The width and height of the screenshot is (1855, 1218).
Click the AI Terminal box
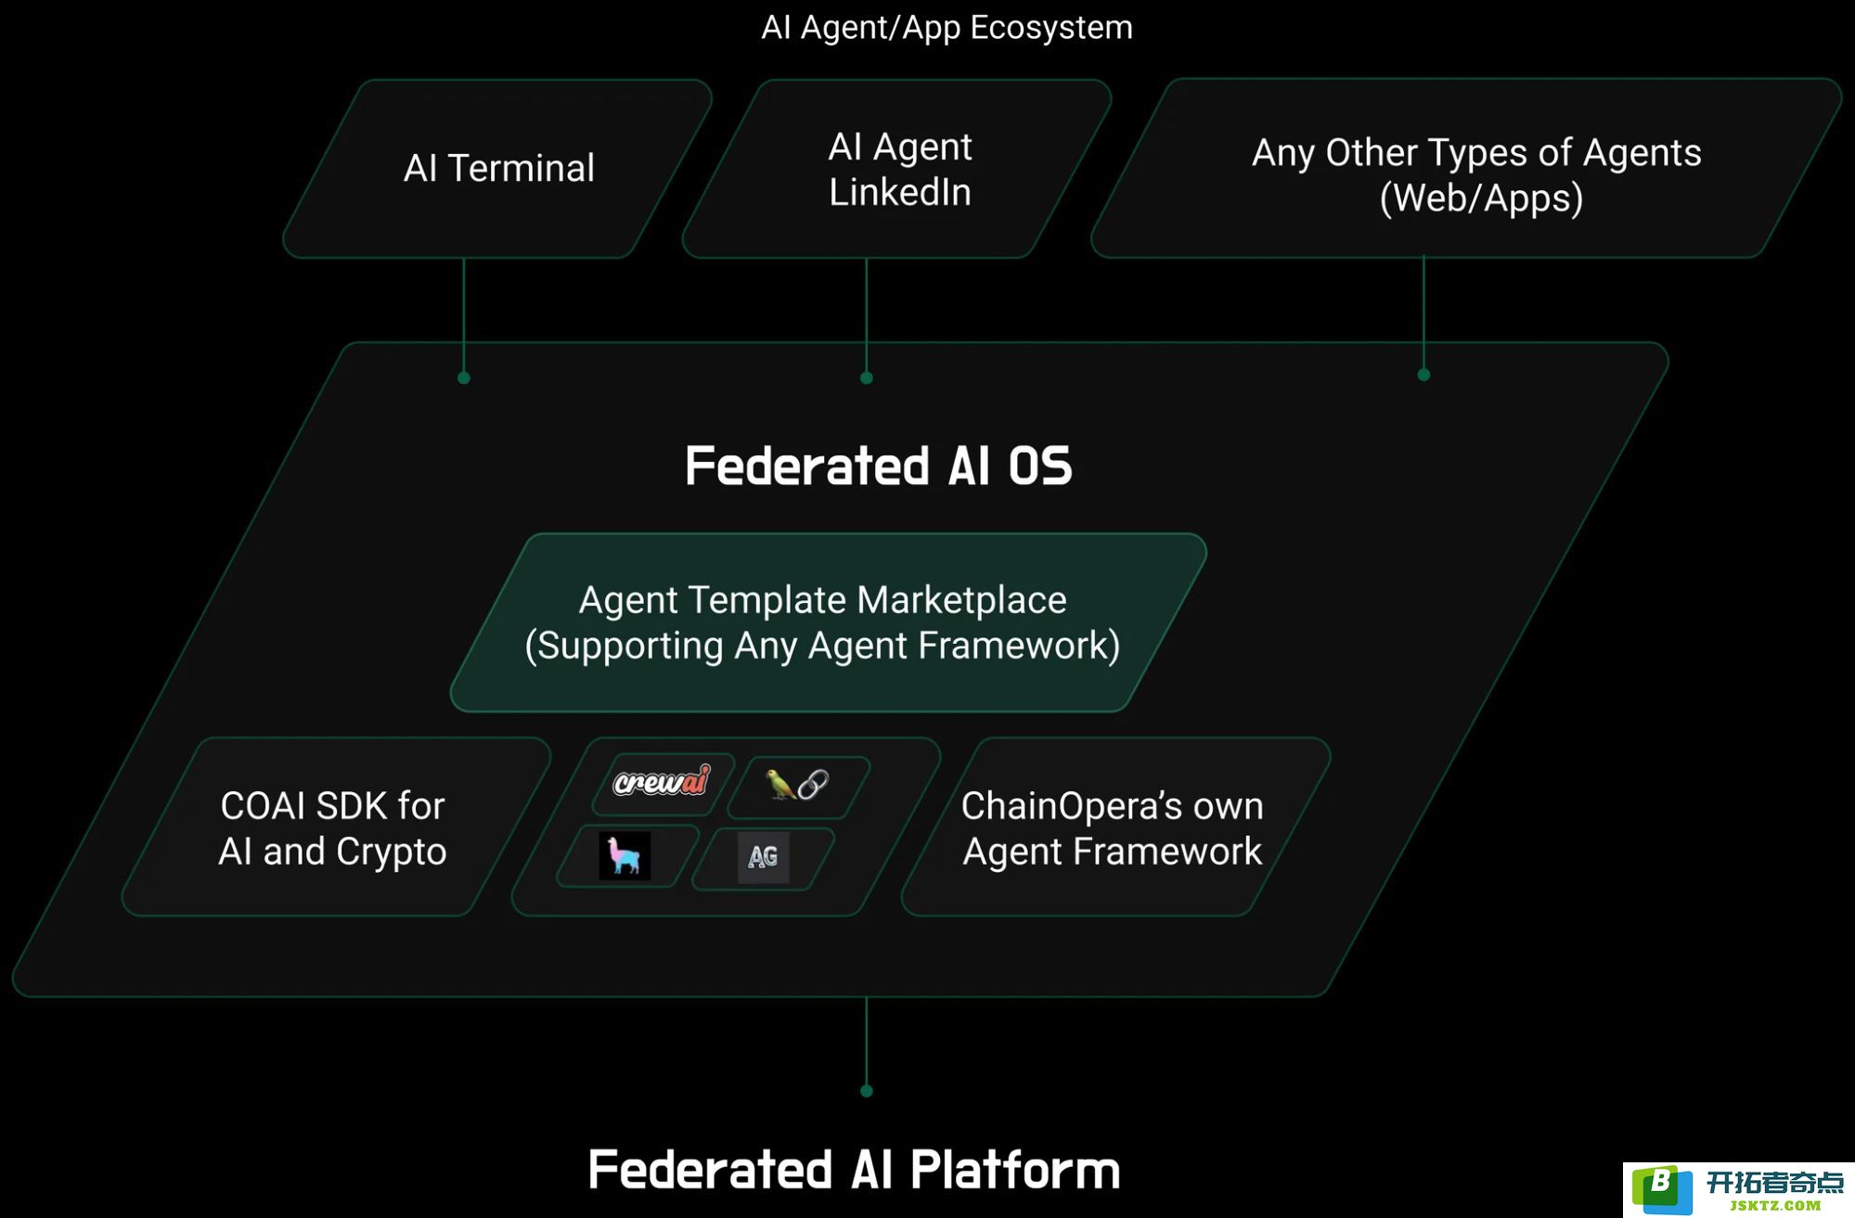click(498, 169)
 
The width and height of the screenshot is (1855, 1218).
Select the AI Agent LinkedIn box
click(897, 169)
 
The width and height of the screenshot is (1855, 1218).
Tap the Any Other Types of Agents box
click(1466, 168)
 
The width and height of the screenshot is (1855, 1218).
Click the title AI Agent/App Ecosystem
click(947, 28)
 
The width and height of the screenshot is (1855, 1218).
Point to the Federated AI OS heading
click(878, 466)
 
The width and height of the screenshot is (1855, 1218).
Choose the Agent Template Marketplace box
click(828, 622)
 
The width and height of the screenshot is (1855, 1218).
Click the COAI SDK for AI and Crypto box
click(336, 827)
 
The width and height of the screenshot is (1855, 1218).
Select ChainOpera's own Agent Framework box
click(1115, 827)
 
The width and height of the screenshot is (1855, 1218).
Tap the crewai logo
click(662, 781)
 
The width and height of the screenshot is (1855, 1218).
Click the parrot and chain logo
click(797, 785)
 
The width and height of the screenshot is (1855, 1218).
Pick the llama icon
click(625, 855)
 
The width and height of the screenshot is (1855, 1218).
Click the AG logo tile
click(763, 856)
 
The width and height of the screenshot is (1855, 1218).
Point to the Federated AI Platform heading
click(854, 1170)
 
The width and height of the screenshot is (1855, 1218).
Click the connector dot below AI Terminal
click(464, 378)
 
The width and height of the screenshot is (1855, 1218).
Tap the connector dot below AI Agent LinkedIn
click(867, 378)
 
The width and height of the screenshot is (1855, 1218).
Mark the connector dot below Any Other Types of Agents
click(1423, 375)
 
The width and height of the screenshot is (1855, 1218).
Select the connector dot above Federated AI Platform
click(867, 1091)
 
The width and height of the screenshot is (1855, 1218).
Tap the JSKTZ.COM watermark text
click(1775, 1206)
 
